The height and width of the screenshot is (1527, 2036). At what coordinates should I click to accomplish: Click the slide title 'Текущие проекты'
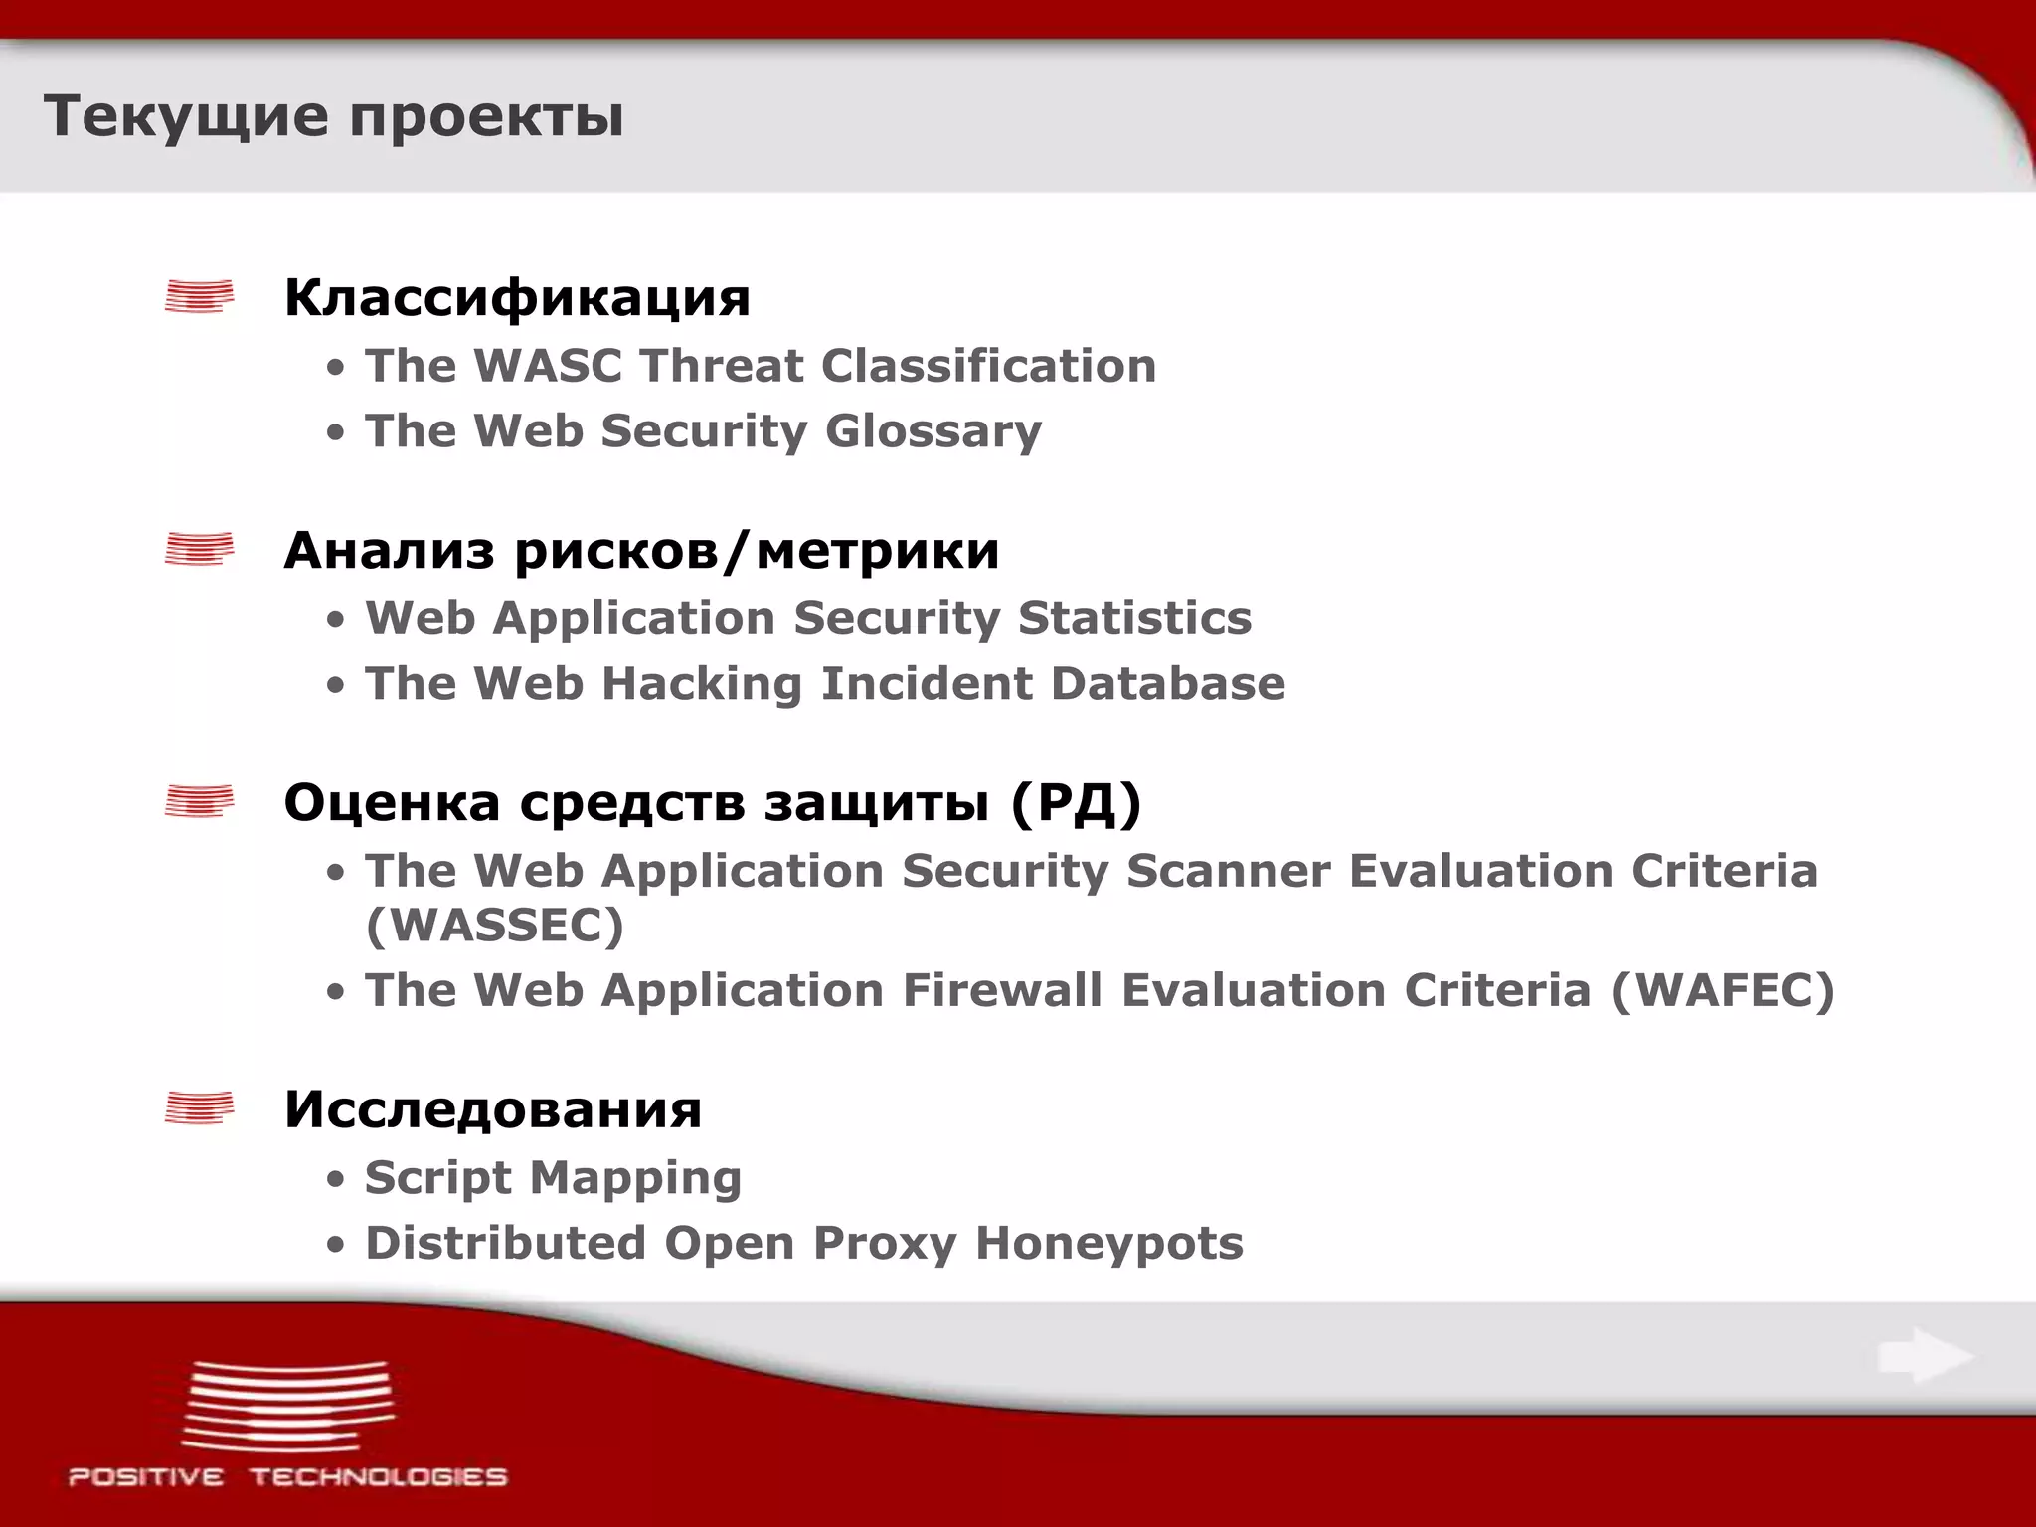click(333, 116)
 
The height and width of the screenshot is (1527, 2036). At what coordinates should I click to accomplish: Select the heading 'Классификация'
click(517, 297)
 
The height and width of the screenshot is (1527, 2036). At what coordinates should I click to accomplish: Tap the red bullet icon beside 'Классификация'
click(200, 296)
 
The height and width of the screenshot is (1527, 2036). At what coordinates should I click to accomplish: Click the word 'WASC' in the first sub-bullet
click(547, 366)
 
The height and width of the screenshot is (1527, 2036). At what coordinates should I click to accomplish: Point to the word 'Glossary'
click(933, 431)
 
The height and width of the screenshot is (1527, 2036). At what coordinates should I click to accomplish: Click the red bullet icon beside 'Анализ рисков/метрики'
click(200, 549)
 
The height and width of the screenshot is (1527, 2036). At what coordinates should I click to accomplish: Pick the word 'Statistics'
click(1134, 618)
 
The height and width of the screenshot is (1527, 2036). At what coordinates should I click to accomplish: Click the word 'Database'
click(1167, 684)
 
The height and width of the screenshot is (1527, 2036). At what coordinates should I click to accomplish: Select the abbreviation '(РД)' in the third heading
click(1076, 802)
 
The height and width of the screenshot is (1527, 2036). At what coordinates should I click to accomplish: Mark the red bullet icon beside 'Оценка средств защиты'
click(200, 801)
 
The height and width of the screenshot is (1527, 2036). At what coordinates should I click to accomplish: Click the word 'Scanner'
click(1228, 871)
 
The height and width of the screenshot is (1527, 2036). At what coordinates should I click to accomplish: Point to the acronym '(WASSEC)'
click(494, 926)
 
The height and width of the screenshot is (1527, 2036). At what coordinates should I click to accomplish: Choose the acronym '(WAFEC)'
click(1722, 990)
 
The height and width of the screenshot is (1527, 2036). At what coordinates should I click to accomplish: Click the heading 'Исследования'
click(493, 1109)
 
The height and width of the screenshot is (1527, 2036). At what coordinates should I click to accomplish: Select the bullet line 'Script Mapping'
click(553, 1178)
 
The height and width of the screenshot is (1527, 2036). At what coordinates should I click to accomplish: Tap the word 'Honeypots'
click(1108, 1243)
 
